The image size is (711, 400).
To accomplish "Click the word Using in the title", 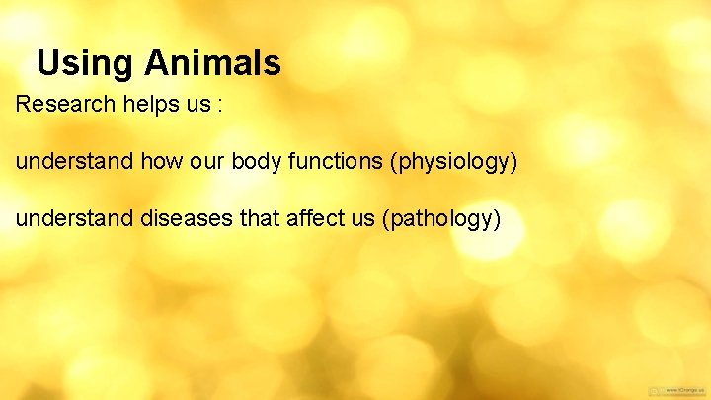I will [86, 64].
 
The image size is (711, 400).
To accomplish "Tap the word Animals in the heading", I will [212, 64].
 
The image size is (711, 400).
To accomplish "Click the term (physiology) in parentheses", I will [454, 162].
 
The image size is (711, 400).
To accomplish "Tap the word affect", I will [311, 218].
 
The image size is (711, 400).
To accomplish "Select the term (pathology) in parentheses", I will [440, 219].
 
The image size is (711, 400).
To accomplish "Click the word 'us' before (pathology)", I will [359, 219].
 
